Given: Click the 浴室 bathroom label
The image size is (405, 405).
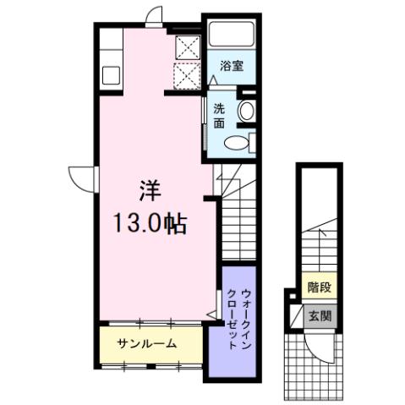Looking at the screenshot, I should pos(233,67).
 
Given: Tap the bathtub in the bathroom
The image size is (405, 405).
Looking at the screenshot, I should pos(232,35).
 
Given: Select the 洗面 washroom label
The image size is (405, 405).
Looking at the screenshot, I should pos(219,115).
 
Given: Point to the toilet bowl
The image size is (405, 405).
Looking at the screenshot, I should pos(240,143).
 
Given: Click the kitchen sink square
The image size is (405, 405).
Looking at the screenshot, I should pos(112,74).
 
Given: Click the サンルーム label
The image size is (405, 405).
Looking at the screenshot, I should pos(147,343).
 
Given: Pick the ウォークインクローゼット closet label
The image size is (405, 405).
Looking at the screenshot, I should pos(238,320).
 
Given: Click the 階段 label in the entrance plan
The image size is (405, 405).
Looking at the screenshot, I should pos(319,287).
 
